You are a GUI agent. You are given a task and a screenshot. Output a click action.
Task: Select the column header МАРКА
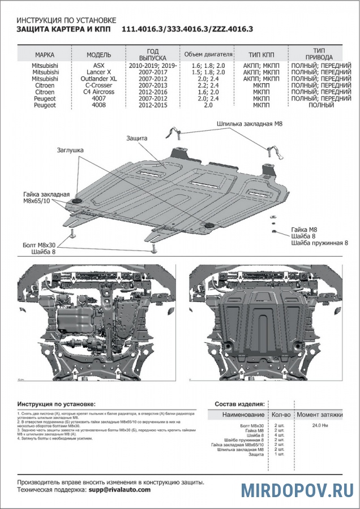45,55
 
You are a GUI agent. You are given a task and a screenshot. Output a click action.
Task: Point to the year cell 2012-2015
153,105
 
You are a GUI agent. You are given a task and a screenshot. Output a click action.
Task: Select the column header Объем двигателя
208,55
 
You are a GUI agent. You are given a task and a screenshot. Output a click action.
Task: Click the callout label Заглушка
70,150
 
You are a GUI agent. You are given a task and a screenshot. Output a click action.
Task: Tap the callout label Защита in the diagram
137,138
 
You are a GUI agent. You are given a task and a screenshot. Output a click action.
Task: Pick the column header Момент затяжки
320,415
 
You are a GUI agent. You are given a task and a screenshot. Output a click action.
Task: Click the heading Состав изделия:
239,404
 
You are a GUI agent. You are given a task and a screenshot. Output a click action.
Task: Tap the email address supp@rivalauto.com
119,490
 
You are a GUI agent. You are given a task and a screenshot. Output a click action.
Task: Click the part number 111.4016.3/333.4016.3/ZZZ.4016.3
187,29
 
